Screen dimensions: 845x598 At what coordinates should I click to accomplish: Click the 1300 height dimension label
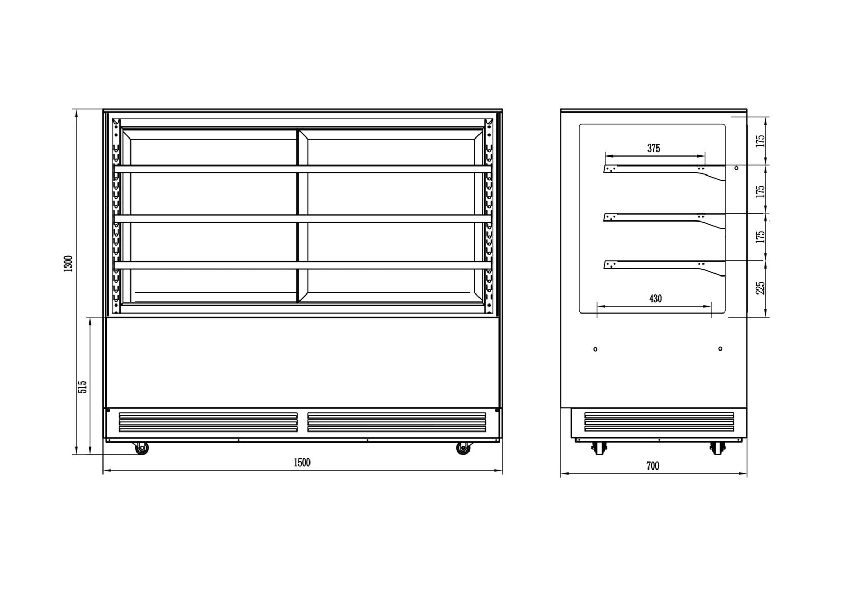click(69, 263)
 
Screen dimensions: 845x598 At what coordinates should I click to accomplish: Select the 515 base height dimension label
click(82, 387)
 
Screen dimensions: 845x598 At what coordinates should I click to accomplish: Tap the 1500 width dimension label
click(302, 463)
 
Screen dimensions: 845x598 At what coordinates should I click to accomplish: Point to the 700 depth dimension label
click(653, 466)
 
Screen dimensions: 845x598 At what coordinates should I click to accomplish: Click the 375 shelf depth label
click(654, 148)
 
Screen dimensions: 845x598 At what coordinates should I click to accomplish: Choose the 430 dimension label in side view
click(655, 298)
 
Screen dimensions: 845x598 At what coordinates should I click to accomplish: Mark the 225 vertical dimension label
click(760, 288)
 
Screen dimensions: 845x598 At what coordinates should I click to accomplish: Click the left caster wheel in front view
click(142, 448)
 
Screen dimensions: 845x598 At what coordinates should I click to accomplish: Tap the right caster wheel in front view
click(463, 448)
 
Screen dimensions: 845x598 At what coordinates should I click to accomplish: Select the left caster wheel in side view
click(599, 448)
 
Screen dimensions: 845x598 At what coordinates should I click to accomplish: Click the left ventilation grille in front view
click(208, 422)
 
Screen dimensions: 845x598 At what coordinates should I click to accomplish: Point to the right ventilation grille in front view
click(397, 422)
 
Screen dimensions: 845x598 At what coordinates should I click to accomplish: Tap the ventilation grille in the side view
click(659, 422)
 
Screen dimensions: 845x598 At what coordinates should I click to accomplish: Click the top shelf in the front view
click(303, 169)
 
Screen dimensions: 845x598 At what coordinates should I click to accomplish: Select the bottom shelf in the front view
click(303, 265)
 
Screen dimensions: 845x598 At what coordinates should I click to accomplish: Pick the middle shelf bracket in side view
click(664, 218)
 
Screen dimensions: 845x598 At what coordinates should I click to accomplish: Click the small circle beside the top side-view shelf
click(736, 168)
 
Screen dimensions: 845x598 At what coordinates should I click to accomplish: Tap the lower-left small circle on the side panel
click(595, 349)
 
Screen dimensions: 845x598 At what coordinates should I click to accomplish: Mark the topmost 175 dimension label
click(760, 141)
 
